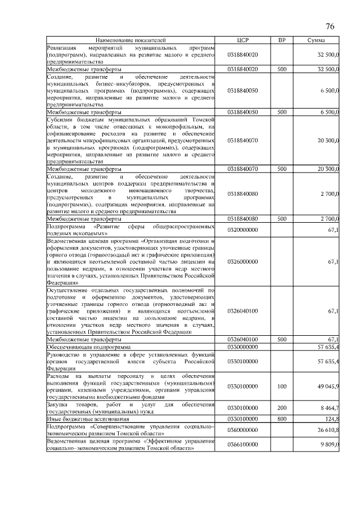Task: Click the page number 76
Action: [330, 27]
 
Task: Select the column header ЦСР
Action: [242, 40]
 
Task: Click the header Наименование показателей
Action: [131, 40]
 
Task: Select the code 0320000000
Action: [242, 229]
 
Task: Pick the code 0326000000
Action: [242, 262]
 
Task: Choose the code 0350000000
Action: [242, 347]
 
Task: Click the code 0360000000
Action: [242, 430]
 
